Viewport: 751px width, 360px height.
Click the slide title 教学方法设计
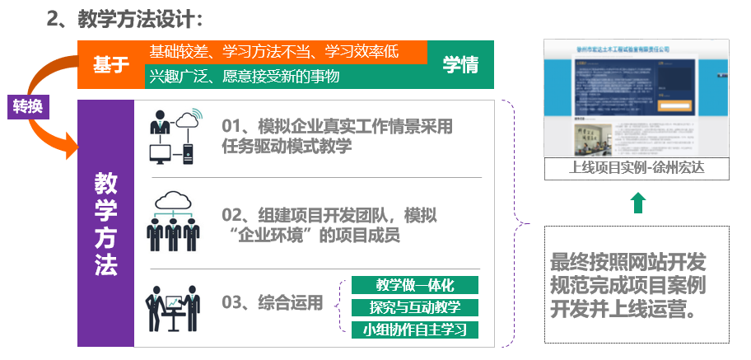124,17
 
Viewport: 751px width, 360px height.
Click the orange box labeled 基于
110,64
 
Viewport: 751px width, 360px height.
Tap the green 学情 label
460,64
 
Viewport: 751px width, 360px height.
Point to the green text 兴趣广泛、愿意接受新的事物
244,77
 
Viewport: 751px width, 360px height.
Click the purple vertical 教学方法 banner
105,223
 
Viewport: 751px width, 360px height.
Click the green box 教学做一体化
414,286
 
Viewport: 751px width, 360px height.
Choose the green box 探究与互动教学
414,308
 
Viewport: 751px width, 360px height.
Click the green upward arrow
637,203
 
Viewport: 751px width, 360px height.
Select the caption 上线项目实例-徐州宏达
637,169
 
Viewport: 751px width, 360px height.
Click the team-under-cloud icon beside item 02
174,220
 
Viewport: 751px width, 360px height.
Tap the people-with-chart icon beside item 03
173,308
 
